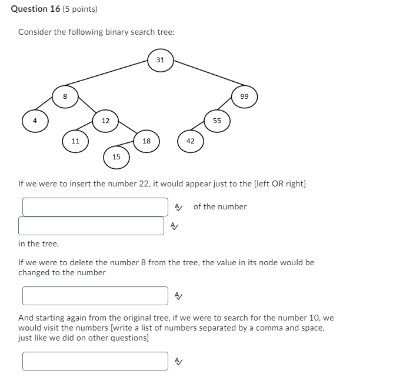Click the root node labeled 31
160,60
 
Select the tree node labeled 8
65,96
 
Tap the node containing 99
244,96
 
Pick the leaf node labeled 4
35,121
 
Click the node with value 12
105,121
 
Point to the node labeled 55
217,121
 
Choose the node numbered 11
75,141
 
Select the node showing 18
146,141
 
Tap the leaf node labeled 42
191,141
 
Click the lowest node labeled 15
116,157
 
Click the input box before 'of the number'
95,207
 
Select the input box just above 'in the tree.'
91,226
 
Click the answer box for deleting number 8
95,296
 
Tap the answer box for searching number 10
95,361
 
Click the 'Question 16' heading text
35,9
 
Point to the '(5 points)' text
80,9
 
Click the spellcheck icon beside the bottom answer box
179,361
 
